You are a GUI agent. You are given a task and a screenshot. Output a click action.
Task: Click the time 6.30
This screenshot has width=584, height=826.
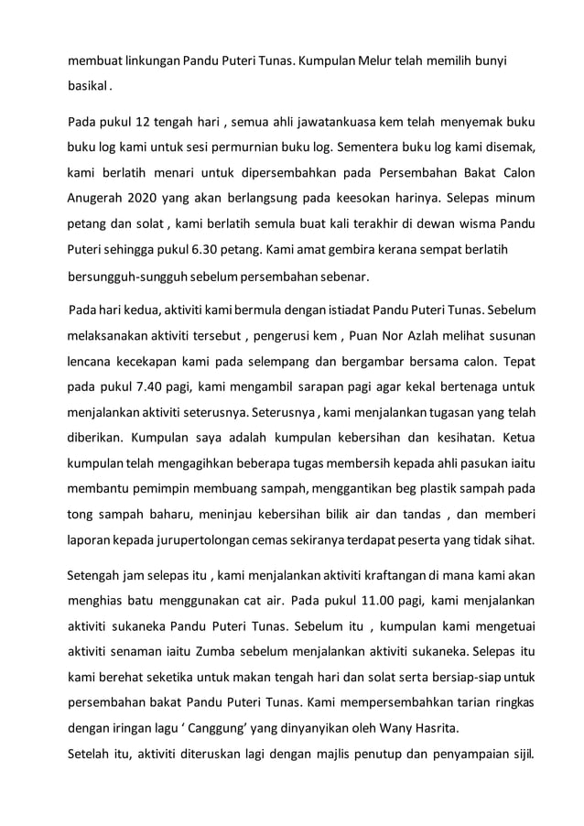[x=243, y=249]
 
